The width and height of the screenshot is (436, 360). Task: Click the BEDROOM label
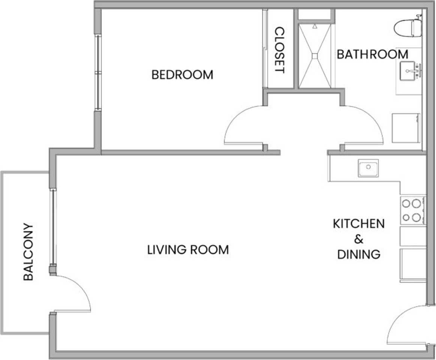183,75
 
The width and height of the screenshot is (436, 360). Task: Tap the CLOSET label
279,50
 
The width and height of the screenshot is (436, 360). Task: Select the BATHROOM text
373,54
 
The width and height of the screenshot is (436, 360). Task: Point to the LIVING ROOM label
188,249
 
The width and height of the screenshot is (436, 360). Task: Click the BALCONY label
28,252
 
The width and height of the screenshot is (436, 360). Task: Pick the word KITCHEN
359,223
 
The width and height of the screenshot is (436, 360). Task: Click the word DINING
359,254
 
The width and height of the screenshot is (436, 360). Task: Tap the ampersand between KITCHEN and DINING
359,239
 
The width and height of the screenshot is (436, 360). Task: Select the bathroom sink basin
409,71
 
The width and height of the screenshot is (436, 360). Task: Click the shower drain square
315,56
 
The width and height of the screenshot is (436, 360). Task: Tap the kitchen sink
368,168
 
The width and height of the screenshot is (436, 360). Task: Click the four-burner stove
413,210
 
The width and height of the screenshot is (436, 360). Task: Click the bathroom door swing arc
373,118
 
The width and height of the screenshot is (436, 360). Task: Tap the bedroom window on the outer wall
98,72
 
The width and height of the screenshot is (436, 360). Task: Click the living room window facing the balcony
53,227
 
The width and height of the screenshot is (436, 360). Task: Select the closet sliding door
265,49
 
